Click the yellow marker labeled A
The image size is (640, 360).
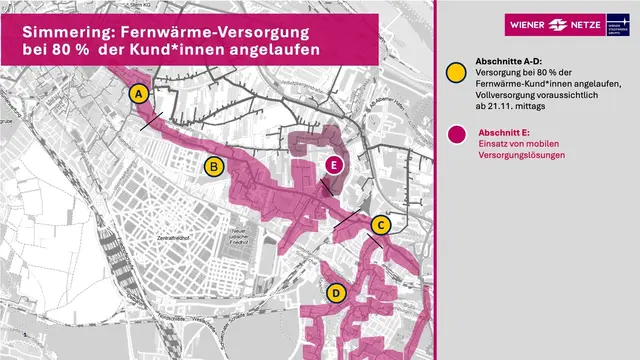(139, 94)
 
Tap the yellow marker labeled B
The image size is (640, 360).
(212, 167)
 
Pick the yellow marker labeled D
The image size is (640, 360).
(336, 293)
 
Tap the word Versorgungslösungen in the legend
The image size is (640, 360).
(521, 157)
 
